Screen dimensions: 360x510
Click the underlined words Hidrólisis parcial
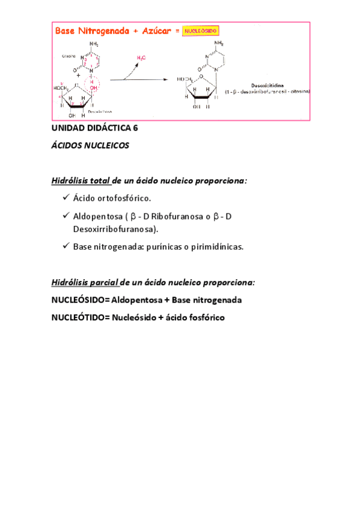[x=85, y=281]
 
